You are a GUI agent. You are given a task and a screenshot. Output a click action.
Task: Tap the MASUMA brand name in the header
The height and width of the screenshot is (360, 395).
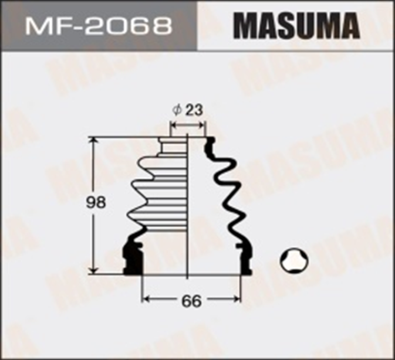click(x=296, y=25)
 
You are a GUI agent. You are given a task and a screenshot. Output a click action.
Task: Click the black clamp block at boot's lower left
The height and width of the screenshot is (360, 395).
click(x=131, y=257)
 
